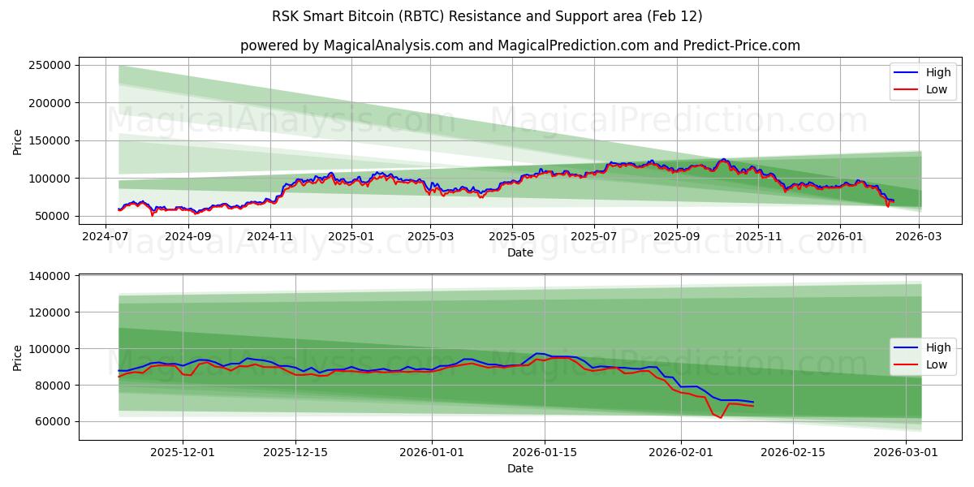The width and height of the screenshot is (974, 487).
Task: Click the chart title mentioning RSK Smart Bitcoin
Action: click(x=487, y=16)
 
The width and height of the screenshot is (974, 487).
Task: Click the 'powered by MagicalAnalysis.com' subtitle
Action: click(x=519, y=45)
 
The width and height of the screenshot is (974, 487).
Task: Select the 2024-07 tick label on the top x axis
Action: click(x=106, y=237)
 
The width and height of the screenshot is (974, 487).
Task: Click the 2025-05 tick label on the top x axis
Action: click(x=512, y=237)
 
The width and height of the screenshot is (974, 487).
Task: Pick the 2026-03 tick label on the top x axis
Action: click(x=919, y=237)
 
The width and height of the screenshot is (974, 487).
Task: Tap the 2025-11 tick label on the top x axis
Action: click(x=757, y=237)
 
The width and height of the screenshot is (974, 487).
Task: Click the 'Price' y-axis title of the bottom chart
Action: click(x=18, y=357)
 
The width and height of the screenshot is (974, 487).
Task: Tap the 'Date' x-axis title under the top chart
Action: click(x=519, y=252)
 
